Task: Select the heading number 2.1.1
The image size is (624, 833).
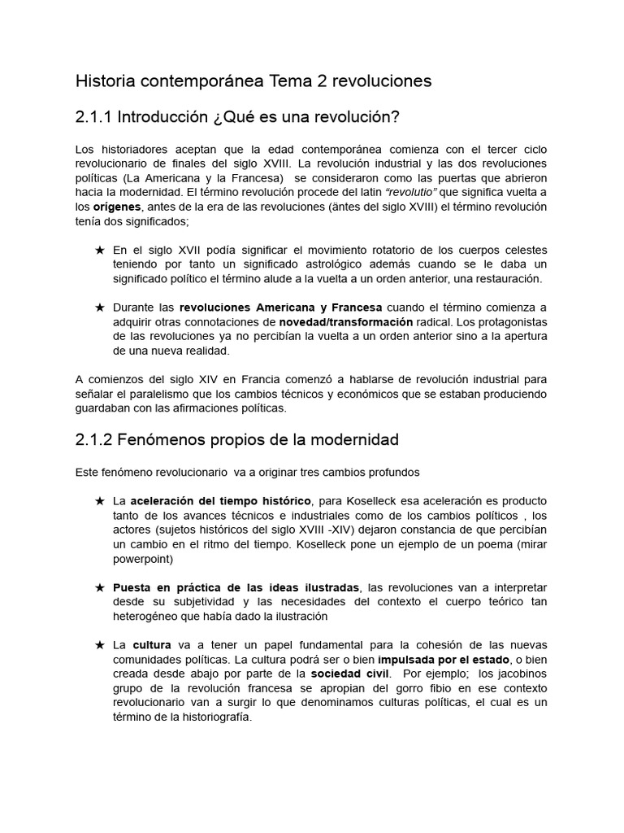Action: pos(93,118)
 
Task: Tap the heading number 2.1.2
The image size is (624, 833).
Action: pos(93,440)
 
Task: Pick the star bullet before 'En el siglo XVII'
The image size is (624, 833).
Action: pos(100,250)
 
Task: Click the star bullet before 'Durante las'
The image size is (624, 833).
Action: pos(100,307)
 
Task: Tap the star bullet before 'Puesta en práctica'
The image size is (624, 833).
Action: pos(100,587)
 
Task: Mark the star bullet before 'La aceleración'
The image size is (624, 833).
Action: pos(100,501)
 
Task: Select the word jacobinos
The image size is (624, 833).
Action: pos(522,674)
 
